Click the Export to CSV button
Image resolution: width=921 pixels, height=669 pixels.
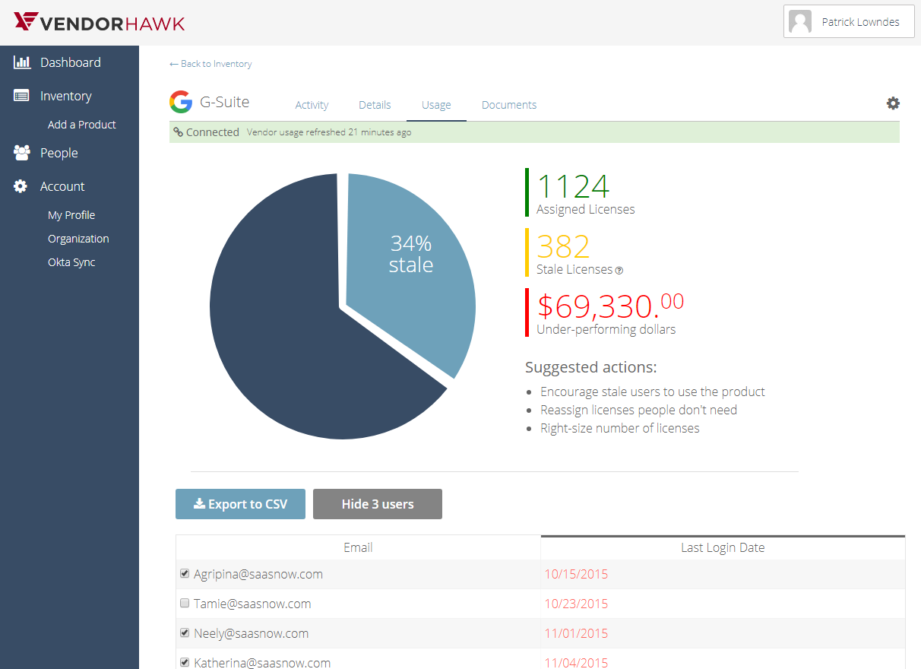click(x=240, y=504)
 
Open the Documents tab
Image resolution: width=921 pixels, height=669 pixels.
click(x=509, y=105)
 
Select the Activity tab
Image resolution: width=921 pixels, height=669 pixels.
click(x=312, y=105)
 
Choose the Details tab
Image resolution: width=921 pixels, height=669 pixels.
click(x=375, y=105)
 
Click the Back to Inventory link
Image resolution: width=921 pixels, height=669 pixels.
click(x=211, y=64)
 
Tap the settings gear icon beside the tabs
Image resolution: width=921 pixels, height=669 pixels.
click(x=893, y=103)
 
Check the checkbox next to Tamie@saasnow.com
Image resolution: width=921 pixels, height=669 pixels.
click(x=185, y=604)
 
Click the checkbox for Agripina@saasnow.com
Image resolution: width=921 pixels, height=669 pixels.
click(x=185, y=574)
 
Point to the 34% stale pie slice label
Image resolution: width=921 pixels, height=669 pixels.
click(x=411, y=254)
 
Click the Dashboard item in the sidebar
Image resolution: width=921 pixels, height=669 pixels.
click(x=70, y=62)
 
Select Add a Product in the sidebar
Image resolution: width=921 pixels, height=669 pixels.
click(x=82, y=125)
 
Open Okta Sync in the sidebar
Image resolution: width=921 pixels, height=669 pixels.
click(x=71, y=262)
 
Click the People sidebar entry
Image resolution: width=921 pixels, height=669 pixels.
click(x=59, y=153)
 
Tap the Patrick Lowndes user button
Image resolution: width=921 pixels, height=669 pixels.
click(x=849, y=22)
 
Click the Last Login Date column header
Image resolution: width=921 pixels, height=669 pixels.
click(x=723, y=547)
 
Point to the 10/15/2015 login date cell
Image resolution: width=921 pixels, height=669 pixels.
click(x=576, y=575)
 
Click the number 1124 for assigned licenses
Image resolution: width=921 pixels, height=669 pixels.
click(x=573, y=187)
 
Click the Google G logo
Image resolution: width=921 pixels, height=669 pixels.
click(x=181, y=102)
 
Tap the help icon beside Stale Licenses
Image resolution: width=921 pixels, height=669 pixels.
click(x=619, y=270)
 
